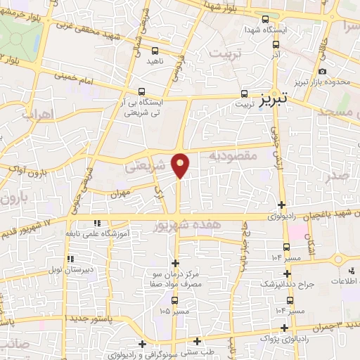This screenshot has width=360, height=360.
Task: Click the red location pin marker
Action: (181, 164)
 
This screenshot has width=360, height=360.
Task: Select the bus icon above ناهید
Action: (155, 50)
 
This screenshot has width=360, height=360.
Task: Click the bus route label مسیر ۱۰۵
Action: (174, 310)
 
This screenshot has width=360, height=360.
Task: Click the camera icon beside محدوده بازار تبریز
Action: (322, 71)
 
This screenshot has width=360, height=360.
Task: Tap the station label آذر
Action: (276, 54)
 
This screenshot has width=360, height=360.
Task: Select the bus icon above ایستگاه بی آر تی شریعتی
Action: (142, 91)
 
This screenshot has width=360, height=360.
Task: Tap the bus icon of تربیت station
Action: (245, 93)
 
